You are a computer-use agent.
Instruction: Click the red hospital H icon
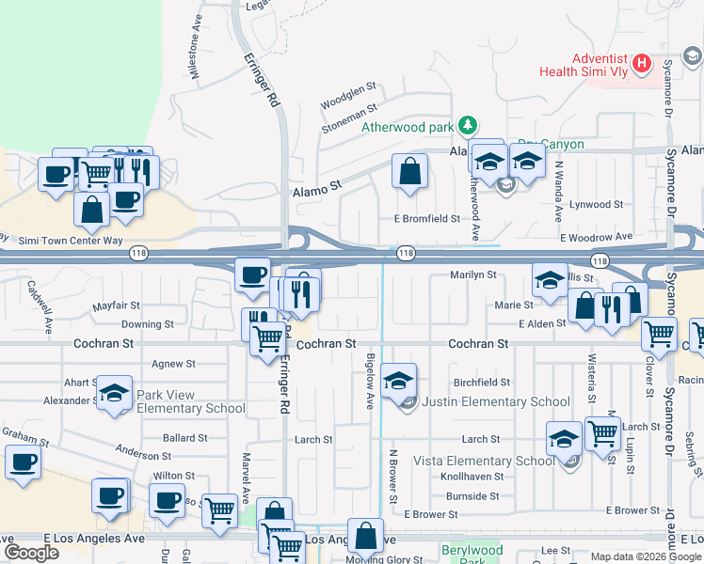pyautogui.click(x=641, y=64)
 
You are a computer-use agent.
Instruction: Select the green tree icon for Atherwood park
pyautogui.click(x=467, y=126)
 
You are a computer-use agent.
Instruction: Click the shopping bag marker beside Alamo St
pyautogui.click(x=409, y=172)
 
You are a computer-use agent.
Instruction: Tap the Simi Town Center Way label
pyautogui.click(x=72, y=241)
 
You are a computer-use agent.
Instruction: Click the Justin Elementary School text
pyautogui.click(x=495, y=401)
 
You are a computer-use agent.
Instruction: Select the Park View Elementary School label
pyautogui.click(x=191, y=401)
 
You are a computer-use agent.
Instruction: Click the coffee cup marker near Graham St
pyautogui.click(x=23, y=462)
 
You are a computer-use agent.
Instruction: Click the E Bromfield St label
pyautogui.click(x=426, y=218)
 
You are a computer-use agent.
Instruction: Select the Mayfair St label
pyautogui.click(x=116, y=306)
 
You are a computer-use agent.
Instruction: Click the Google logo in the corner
pyautogui.click(x=31, y=554)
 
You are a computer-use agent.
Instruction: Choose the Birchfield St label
pyautogui.click(x=482, y=383)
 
